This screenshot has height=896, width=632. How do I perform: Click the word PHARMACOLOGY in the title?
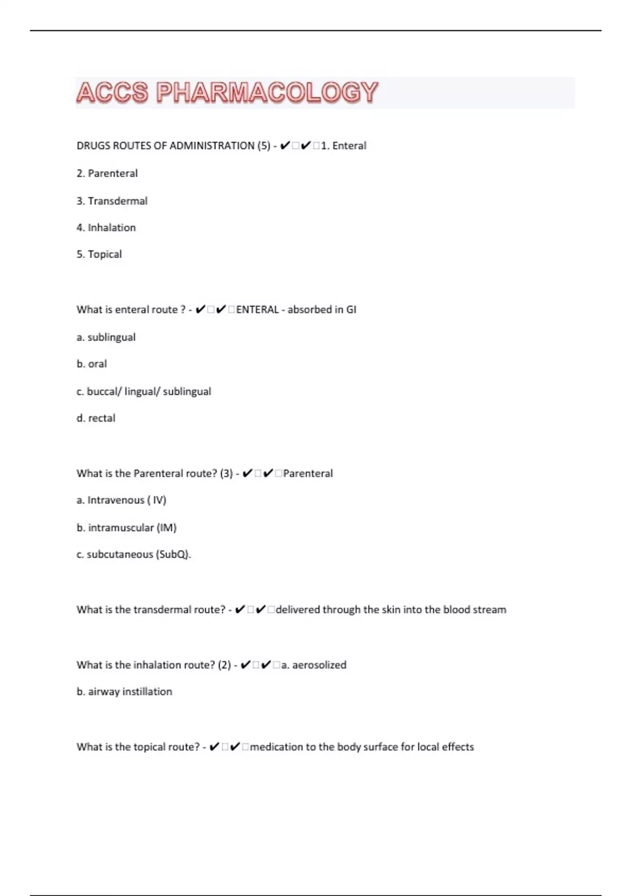coord(267,93)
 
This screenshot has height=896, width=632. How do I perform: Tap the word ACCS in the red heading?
coord(112,93)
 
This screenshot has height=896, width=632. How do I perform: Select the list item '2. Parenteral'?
coord(107,173)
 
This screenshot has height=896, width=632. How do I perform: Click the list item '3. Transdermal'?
coord(112,201)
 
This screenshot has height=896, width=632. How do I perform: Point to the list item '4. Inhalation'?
coord(106,228)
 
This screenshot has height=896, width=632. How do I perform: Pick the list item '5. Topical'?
coord(99,254)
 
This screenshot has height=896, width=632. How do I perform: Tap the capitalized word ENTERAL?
coord(258,310)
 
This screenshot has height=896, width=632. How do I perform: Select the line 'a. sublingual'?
coord(106,337)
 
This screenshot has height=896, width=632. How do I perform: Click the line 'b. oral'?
coord(92,364)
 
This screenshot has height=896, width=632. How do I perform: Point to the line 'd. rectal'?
coord(96,418)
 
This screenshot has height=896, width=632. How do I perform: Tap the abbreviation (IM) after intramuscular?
coord(166,528)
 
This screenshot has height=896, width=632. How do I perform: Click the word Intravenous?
coord(116,500)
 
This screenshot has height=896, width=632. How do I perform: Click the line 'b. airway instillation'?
coord(124,692)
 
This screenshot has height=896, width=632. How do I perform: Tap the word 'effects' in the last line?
coord(458,747)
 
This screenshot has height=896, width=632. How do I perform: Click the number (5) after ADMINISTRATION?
coord(264,146)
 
